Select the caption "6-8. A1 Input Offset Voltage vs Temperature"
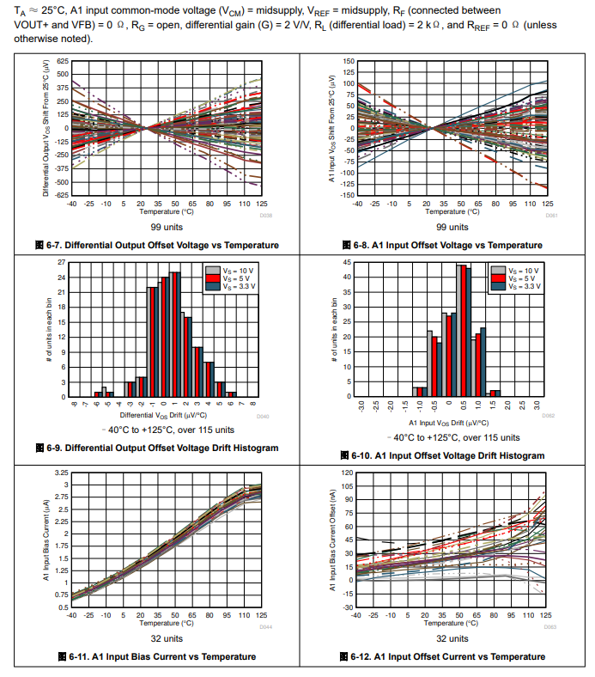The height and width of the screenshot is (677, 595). tap(446, 246)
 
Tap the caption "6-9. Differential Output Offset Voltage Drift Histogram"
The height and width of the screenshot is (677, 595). tap(162, 448)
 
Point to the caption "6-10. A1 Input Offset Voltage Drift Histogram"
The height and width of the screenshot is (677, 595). tap(446, 455)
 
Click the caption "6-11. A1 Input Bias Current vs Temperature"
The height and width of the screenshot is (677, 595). tap(162, 657)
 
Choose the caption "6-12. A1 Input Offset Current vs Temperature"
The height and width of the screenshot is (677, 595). tap(446, 657)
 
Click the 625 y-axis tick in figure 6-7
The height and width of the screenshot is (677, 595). tap(63, 62)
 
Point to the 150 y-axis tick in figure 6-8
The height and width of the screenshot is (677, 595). tap(349, 62)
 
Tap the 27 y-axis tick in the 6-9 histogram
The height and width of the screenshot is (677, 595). tap(61, 262)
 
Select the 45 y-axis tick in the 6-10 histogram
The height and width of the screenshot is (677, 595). tap(347, 262)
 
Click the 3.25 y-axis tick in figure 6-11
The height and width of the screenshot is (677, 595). tap(61, 473)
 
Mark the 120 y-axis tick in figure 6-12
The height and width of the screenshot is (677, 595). tap(348, 473)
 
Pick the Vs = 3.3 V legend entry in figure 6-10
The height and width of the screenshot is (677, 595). tap(525, 286)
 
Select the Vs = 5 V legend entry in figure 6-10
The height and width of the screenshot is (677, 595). tap(522, 278)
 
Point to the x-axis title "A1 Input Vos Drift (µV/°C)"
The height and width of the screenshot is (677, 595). tap(450, 423)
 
